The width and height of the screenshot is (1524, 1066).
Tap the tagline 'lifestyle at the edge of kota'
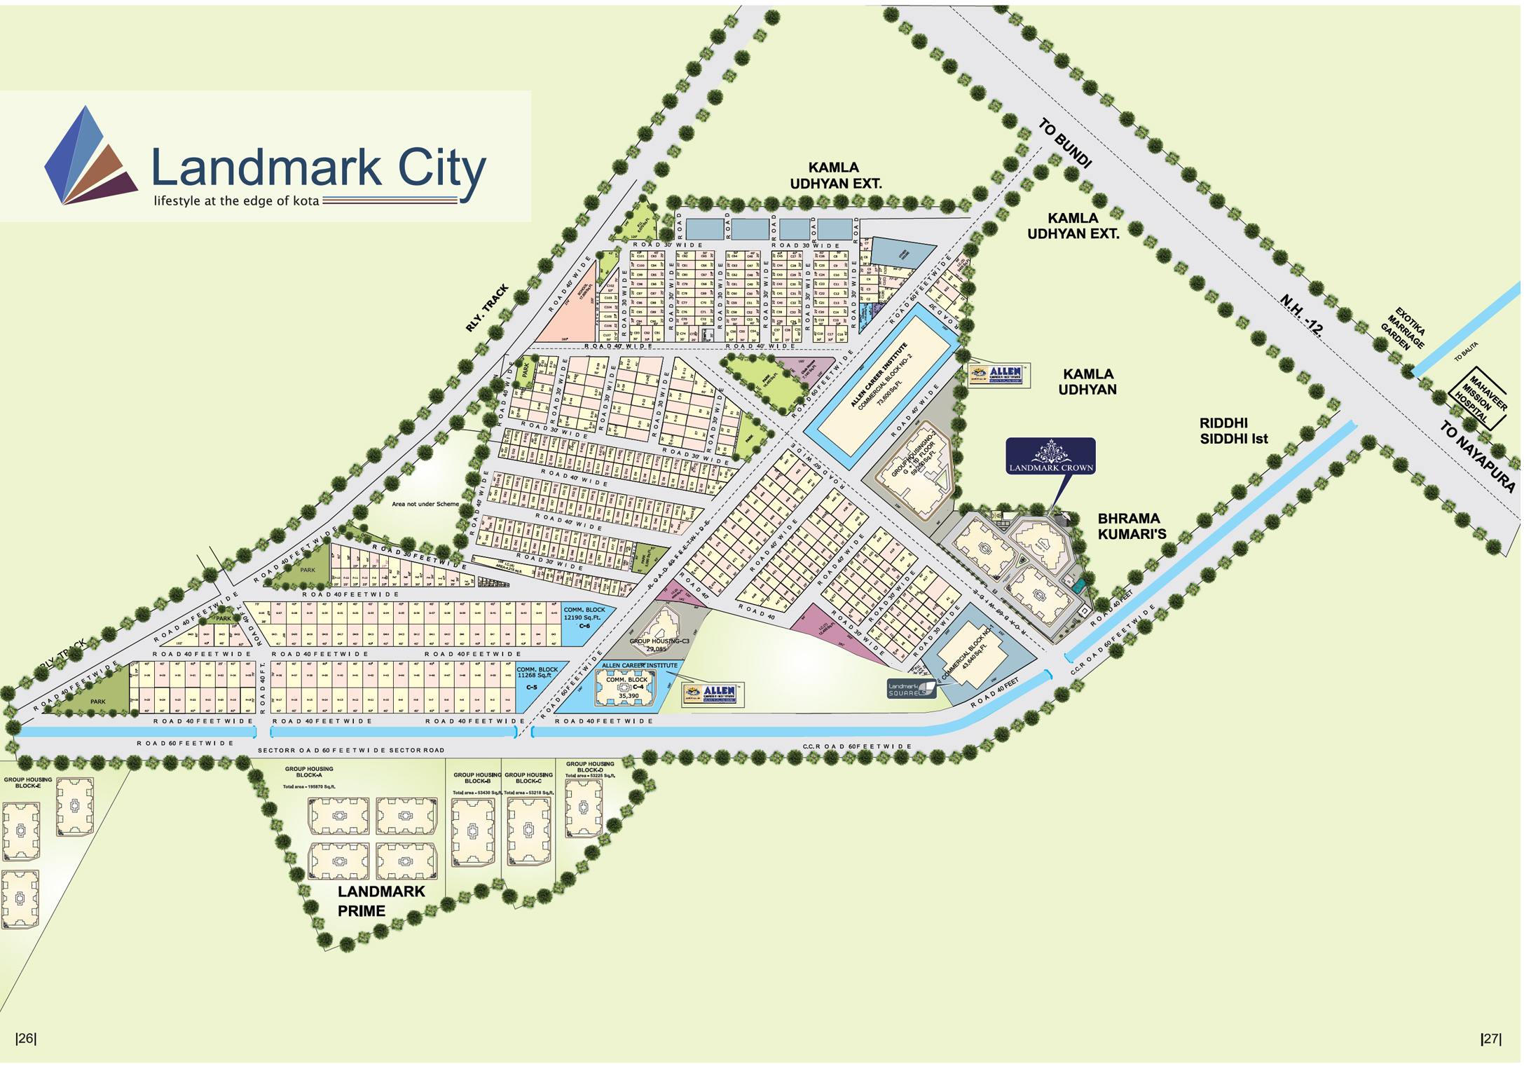(x=236, y=201)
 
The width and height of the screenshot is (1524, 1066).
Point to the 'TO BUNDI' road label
(x=1064, y=144)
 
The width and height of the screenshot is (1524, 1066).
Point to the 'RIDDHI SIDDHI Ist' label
(x=1233, y=431)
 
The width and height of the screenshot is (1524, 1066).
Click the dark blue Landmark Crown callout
(x=1050, y=456)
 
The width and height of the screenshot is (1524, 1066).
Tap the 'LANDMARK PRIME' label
(x=380, y=901)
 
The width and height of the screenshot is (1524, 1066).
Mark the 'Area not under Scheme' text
(x=425, y=504)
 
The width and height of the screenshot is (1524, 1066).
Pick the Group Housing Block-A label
(x=309, y=772)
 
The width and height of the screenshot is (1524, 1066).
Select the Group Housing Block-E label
(x=28, y=782)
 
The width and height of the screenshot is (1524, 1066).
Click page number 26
(x=26, y=1038)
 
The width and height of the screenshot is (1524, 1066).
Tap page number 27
(x=1491, y=1039)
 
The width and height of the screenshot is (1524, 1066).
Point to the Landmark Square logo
(x=910, y=689)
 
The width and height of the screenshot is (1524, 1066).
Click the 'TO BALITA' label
(x=1465, y=351)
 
